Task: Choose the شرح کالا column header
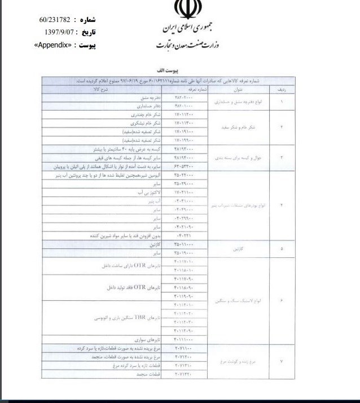[106, 89]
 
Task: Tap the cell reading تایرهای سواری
[150, 340]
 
